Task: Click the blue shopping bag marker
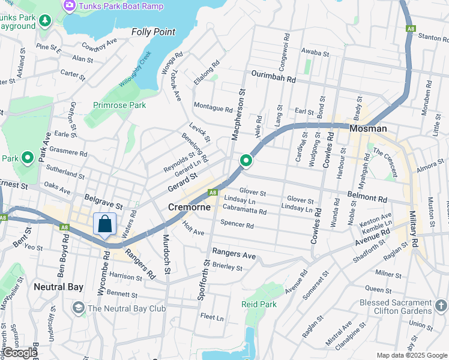point(104,224)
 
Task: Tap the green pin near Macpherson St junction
point(246,161)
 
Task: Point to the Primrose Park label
point(119,105)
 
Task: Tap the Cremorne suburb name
point(189,207)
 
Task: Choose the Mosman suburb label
point(368,129)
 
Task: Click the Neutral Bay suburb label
point(58,287)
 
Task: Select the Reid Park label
point(259,304)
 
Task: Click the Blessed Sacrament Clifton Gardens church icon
point(441,307)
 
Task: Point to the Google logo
point(19,353)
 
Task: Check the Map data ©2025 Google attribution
point(412,355)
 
